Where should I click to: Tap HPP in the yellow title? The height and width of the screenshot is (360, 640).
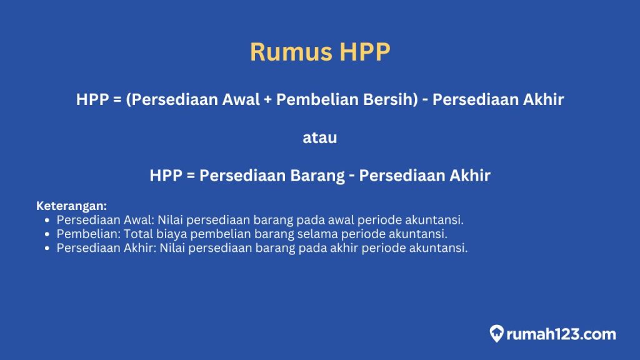[365, 52]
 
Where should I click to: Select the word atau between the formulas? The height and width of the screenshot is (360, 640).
[319, 137]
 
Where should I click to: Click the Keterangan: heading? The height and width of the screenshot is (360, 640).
[71, 206]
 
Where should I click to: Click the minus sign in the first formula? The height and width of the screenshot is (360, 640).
[425, 100]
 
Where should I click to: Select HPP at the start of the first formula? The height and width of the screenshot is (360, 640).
[93, 100]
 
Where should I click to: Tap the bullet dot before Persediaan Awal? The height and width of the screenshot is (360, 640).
[48, 221]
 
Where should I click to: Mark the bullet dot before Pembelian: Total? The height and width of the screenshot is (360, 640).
[48, 234]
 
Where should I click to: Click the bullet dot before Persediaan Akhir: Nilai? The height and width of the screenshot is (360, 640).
[48, 248]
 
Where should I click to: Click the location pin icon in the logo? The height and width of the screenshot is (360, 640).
[497, 333]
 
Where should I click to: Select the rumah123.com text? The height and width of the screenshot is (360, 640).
[561, 334]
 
